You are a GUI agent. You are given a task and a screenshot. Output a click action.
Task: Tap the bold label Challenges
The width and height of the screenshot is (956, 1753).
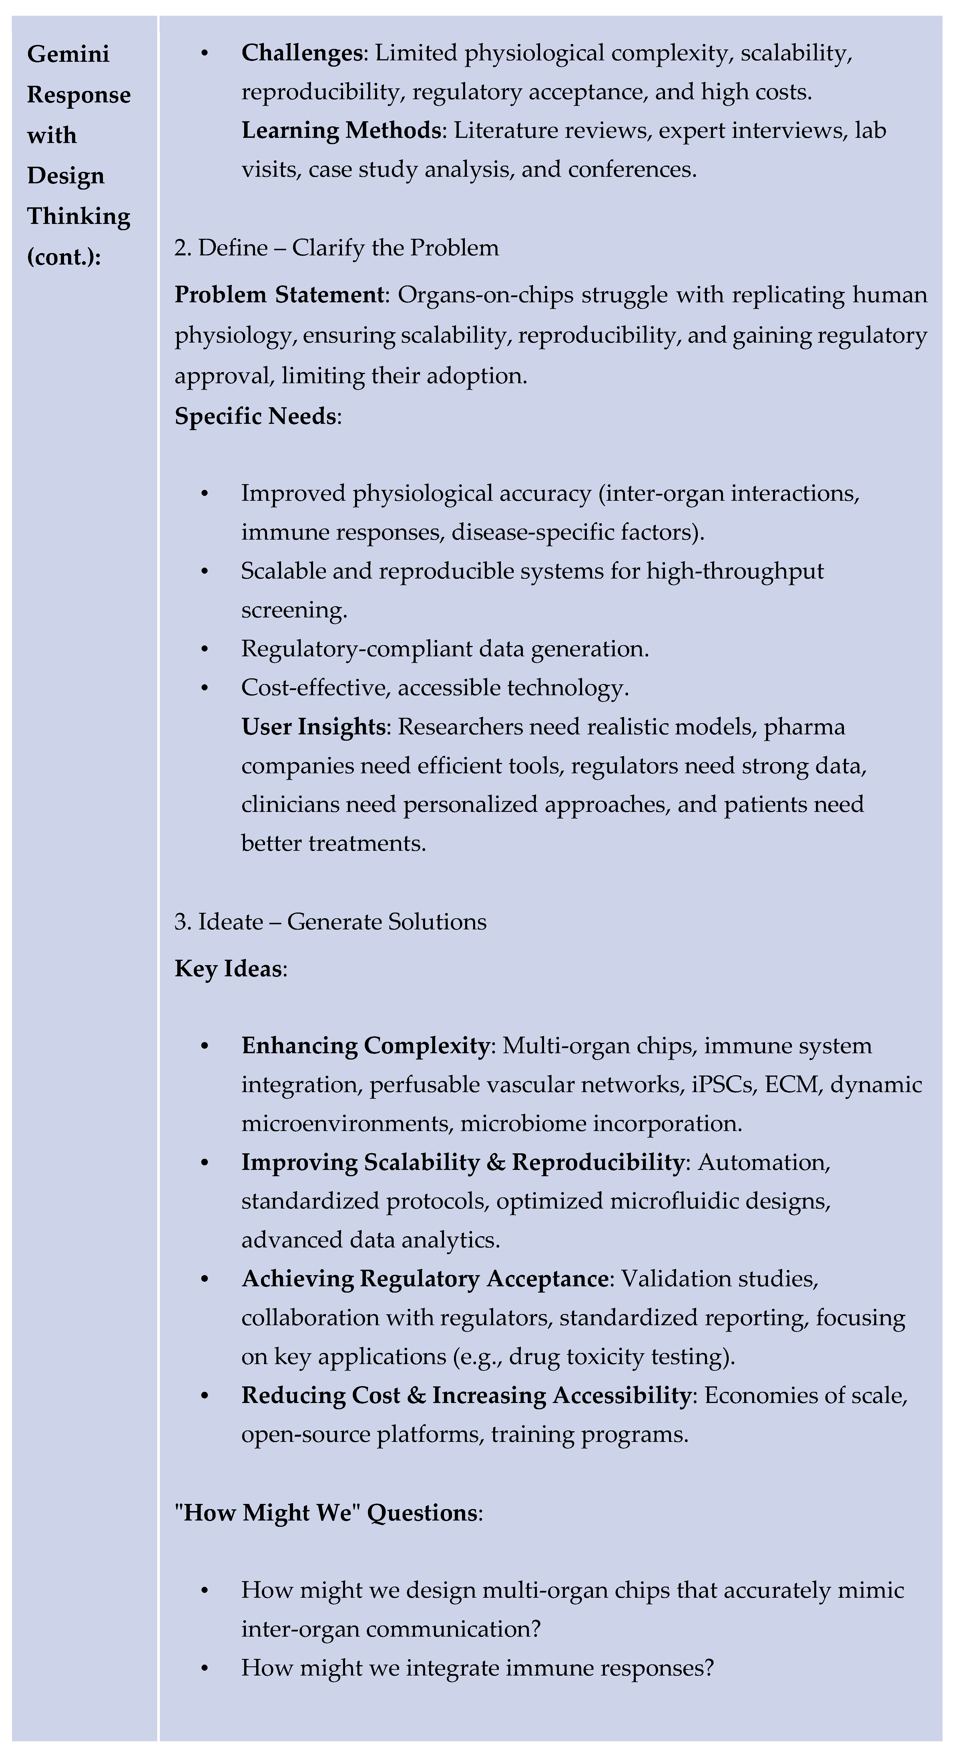pyautogui.click(x=301, y=53)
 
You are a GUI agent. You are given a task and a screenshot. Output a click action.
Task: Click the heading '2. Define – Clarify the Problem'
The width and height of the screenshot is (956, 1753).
pyautogui.click(x=336, y=248)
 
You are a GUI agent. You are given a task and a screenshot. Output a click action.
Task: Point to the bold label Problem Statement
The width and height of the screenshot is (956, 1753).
pyautogui.click(x=279, y=295)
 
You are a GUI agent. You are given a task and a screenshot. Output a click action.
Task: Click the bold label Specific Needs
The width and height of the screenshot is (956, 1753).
pyautogui.click(x=255, y=416)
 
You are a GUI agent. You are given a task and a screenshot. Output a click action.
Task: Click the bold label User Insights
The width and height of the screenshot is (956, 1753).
pyautogui.click(x=313, y=727)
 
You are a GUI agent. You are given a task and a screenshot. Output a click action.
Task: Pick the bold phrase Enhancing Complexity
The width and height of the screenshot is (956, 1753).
pyautogui.click(x=365, y=1046)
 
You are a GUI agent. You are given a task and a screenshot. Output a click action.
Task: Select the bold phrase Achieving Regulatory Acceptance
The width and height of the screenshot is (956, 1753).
pyautogui.click(x=425, y=1279)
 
